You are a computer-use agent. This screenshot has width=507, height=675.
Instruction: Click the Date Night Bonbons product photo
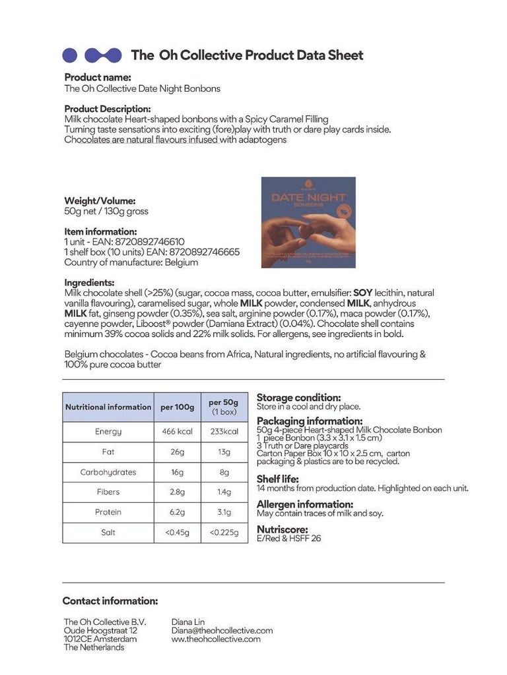pyautogui.click(x=308, y=222)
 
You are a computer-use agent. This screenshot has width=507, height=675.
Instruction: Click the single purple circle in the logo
pyautogui.click(x=69, y=55)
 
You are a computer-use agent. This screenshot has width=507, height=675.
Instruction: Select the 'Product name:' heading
pyautogui.click(x=98, y=77)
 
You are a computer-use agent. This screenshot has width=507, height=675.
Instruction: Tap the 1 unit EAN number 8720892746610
pyautogui.click(x=149, y=242)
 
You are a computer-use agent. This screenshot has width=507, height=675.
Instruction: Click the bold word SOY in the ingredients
pyautogui.click(x=363, y=292)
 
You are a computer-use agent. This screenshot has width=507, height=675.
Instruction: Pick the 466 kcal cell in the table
pyautogui.click(x=177, y=432)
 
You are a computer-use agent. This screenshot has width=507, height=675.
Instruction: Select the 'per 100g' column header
pyautogui.click(x=177, y=407)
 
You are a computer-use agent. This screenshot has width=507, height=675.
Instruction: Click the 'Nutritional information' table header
pyautogui.click(x=108, y=407)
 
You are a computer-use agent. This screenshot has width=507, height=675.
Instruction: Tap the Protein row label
pyautogui.click(x=108, y=512)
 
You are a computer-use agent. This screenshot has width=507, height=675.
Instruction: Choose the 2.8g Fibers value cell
pyautogui.click(x=177, y=492)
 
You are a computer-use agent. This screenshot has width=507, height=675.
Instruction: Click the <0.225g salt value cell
pyautogui.click(x=224, y=533)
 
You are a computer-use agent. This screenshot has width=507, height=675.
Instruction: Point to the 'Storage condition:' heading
pyautogui.click(x=299, y=397)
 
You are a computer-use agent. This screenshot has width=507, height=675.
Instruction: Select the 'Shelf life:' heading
pyautogui.click(x=278, y=479)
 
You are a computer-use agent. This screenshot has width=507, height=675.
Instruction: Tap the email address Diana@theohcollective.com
pyautogui.click(x=222, y=630)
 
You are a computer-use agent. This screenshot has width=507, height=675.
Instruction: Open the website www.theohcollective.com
pyautogui.click(x=216, y=639)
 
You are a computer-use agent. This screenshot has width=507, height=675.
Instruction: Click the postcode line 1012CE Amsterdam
pyautogui.click(x=100, y=639)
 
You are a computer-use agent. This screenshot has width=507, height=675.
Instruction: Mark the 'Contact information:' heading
pyautogui.click(x=110, y=601)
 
